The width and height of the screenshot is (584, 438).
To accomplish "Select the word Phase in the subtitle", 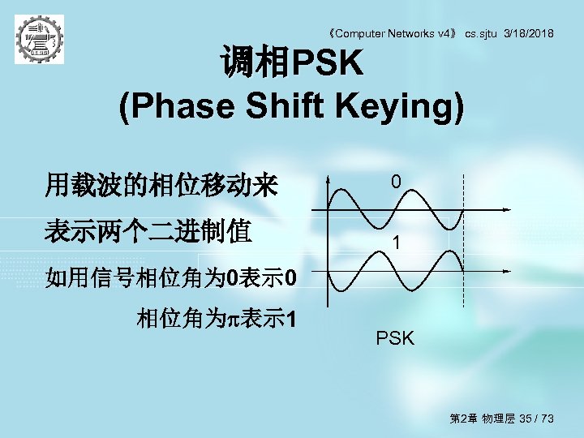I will pyautogui.click(x=166, y=107).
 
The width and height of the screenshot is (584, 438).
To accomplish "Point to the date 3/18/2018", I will pyautogui.click(x=529, y=33).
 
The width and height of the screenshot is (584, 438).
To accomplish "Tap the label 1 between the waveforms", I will pyautogui.click(x=395, y=243).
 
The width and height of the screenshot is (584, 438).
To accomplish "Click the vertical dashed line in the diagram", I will pyautogui.click(x=462, y=243).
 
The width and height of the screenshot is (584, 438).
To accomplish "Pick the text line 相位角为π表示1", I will pyautogui.click(x=217, y=319).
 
